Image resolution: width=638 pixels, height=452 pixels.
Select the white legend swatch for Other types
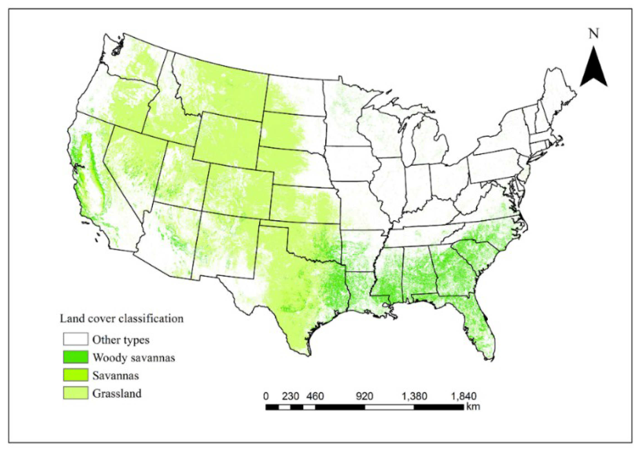pyautogui.click(x=76, y=339)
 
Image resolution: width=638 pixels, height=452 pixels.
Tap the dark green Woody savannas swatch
pyautogui.click(x=76, y=357)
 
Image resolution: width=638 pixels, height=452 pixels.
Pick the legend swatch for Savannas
pyautogui.click(x=76, y=375)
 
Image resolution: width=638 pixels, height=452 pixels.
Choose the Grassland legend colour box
pyautogui.click(x=76, y=393)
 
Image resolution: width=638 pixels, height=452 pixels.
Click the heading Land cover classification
pyautogui.click(x=122, y=318)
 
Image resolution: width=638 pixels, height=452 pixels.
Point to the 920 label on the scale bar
pyautogui.click(x=364, y=396)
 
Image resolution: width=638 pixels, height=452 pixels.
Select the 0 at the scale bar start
pyautogui.click(x=266, y=396)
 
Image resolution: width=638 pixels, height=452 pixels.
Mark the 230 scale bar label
pyautogui.click(x=290, y=396)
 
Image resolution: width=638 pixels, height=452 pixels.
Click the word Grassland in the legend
pyautogui.click(x=117, y=393)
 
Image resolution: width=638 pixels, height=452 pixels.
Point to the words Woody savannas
pyautogui.click(x=134, y=357)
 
